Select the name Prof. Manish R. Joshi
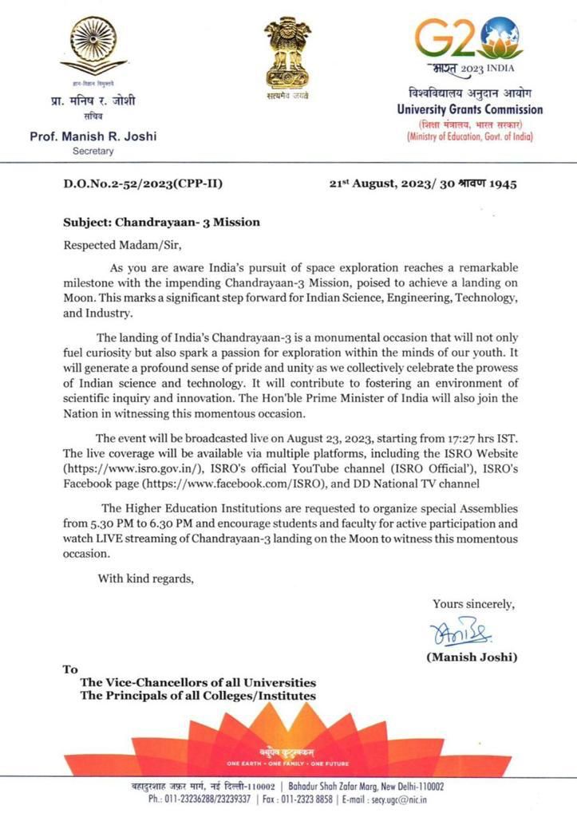(x=93, y=136)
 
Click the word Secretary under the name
(x=93, y=151)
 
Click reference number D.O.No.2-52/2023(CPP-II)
(x=143, y=184)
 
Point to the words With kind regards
(x=145, y=578)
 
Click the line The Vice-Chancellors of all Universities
(x=197, y=683)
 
